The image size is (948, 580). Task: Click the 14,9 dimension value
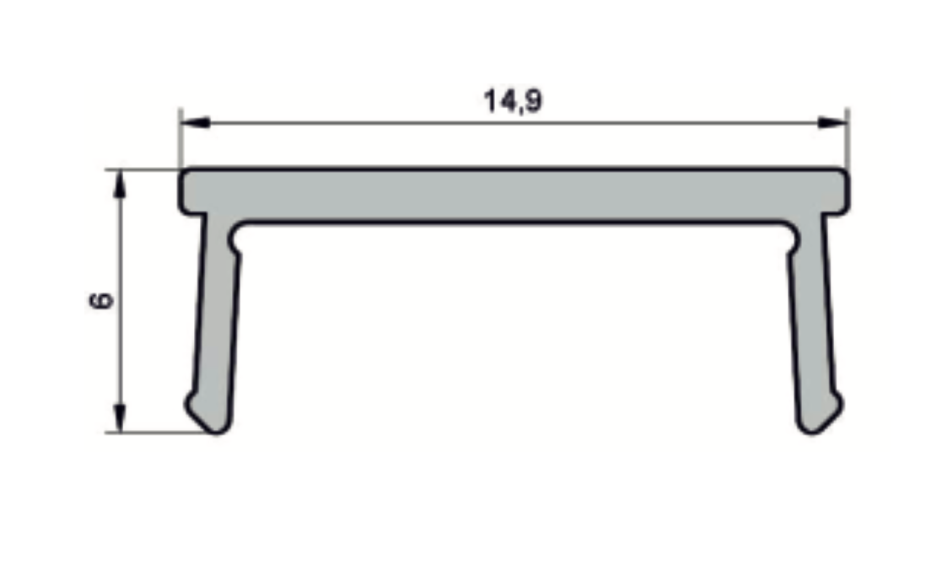point(512,101)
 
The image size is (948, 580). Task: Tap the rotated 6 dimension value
point(100,301)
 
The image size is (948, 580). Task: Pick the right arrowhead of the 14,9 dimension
point(832,123)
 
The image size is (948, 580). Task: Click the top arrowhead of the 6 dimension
point(121,185)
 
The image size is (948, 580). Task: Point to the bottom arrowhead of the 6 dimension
point(121,418)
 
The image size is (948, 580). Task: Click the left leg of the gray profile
point(217,320)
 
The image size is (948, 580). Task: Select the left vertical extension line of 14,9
point(180,139)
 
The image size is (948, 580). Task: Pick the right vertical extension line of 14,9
point(848,139)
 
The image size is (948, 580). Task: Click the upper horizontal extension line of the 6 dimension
point(143,169)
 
